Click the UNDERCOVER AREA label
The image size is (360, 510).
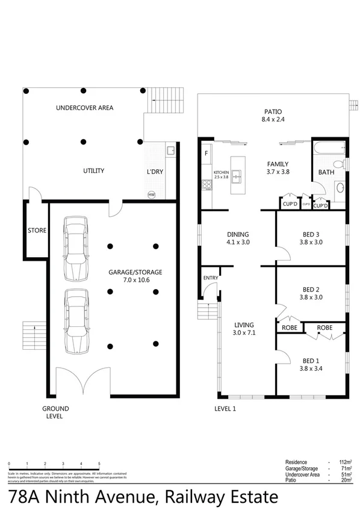(x=85, y=108)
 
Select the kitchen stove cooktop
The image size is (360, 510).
(x=206, y=185)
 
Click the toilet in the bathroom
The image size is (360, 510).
(x=340, y=164)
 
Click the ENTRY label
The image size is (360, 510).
(x=211, y=278)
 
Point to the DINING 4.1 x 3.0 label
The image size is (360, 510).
(x=238, y=238)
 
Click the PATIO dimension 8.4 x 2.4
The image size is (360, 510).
(x=273, y=120)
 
